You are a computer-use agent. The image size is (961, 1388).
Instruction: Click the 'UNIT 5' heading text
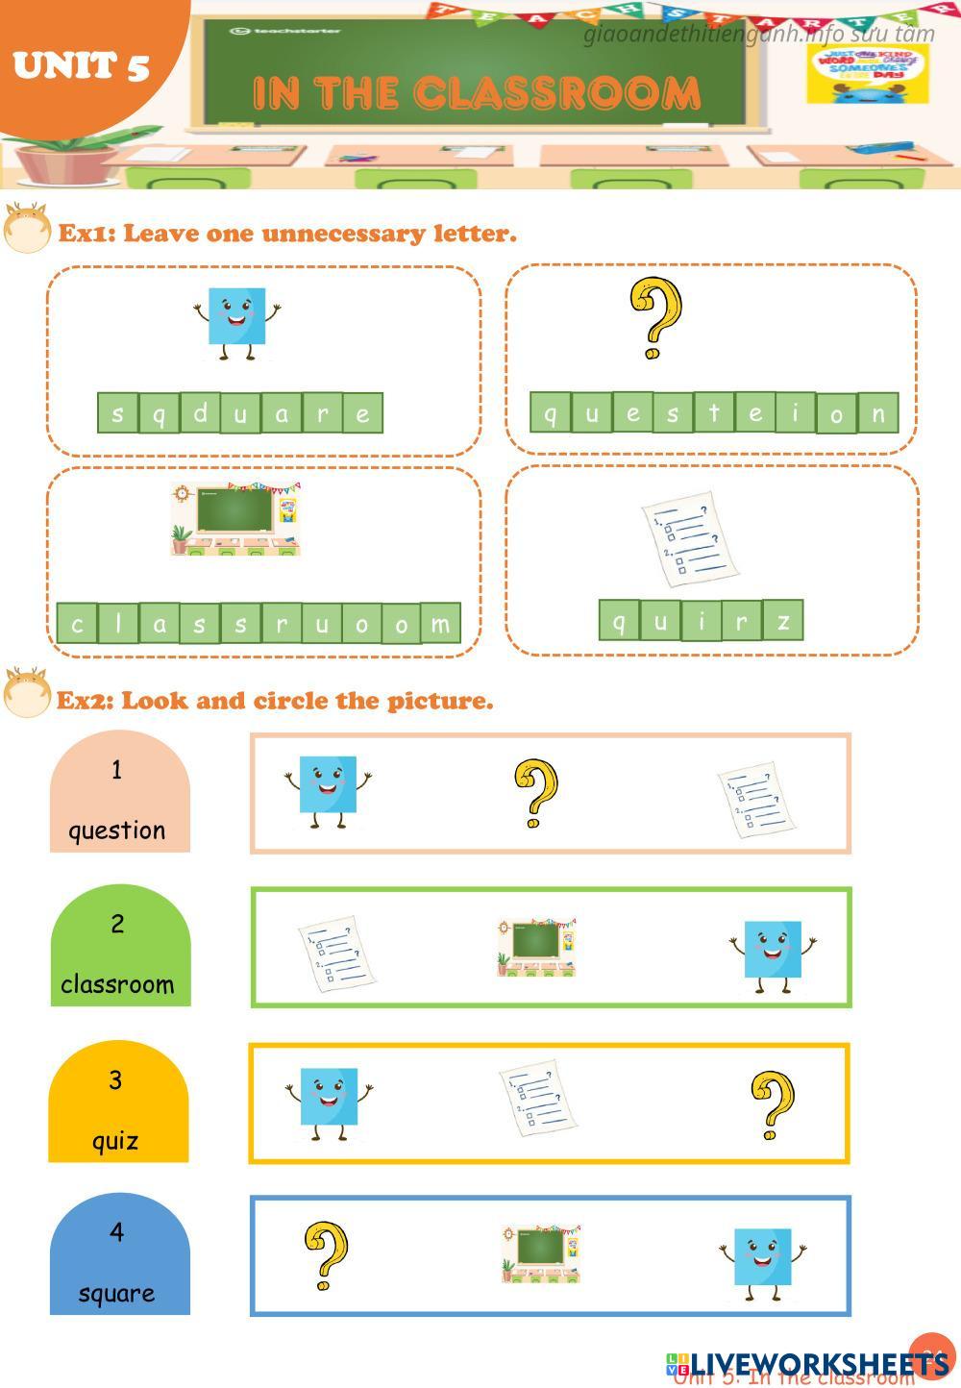click(x=82, y=65)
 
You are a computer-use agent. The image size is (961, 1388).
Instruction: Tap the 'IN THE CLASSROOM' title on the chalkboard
click(x=476, y=93)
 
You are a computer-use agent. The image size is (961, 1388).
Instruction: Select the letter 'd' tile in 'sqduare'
click(x=200, y=413)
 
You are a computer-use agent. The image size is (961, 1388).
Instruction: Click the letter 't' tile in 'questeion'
click(x=713, y=412)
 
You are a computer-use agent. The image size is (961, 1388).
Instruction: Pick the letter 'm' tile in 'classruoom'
click(x=440, y=624)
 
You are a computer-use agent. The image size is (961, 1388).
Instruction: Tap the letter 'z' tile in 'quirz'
click(x=783, y=621)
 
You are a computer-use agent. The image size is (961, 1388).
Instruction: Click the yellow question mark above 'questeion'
click(x=655, y=317)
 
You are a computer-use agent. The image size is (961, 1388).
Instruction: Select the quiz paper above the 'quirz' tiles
click(x=690, y=539)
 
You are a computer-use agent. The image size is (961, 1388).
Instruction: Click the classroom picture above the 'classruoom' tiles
click(x=236, y=519)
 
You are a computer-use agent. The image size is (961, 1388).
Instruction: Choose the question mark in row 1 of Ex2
click(x=535, y=793)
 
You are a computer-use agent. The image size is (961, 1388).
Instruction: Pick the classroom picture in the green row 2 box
click(x=537, y=948)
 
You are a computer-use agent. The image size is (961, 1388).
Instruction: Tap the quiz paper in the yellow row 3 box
click(x=537, y=1098)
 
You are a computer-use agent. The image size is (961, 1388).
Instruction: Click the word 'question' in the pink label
click(x=116, y=830)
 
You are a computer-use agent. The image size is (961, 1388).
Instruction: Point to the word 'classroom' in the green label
click(x=117, y=984)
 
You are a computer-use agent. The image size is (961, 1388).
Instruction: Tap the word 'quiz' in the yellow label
click(x=115, y=1141)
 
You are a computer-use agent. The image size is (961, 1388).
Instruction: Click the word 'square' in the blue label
click(x=116, y=1294)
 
